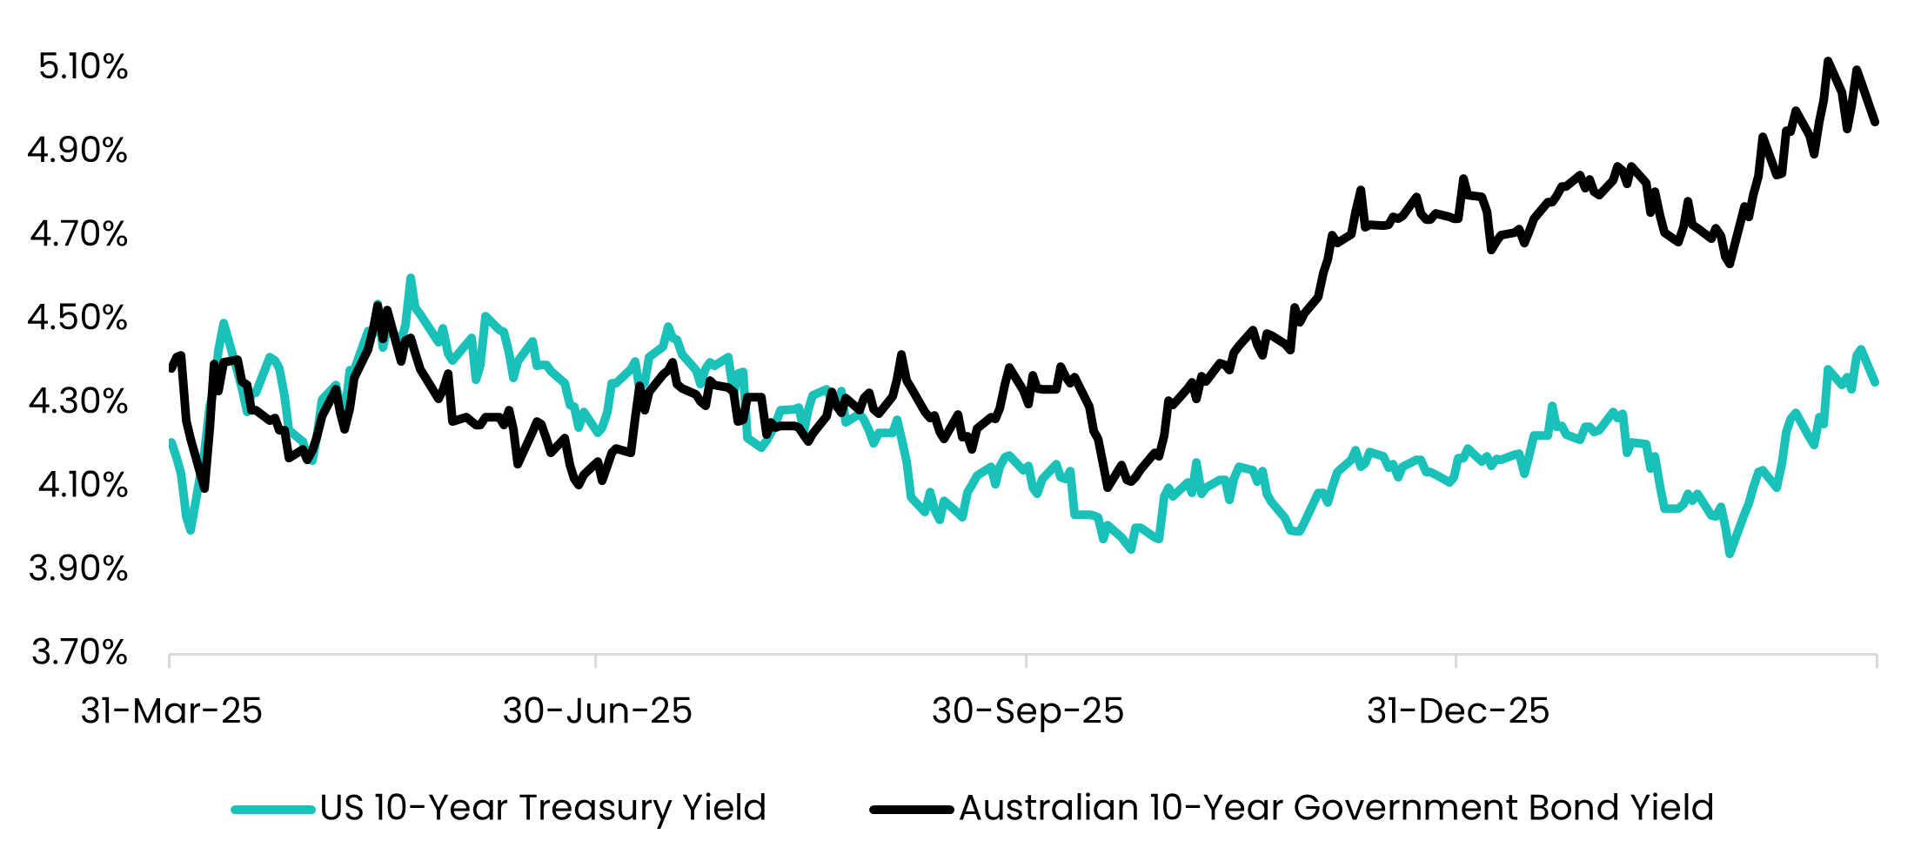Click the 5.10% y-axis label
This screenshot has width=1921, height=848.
[x=83, y=66]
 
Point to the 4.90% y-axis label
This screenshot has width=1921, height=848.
[x=77, y=150]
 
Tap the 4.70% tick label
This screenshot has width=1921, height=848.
[x=79, y=233]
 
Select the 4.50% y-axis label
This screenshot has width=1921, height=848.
[x=77, y=317]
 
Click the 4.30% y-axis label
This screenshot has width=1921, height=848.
[x=78, y=400]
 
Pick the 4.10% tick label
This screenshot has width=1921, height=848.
[x=83, y=484]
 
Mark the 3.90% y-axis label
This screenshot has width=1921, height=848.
[x=78, y=568]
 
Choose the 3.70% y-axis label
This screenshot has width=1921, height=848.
[x=79, y=651]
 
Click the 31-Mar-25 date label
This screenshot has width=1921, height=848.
[x=171, y=710]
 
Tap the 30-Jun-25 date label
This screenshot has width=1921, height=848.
[x=597, y=710]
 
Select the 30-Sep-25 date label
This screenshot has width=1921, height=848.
[x=1027, y=711]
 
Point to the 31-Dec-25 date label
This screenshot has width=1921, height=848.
[x=1458, y=710]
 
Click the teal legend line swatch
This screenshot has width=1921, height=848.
[x=273, y=810]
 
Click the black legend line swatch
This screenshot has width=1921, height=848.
[x=912, y=810]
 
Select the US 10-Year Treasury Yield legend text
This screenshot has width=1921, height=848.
[x=543, y=808]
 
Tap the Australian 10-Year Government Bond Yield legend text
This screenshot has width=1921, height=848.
[x=1336, y=808]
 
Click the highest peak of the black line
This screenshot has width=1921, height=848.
[x=1827, y=61]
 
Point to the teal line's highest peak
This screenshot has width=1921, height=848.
[x=411, y=278]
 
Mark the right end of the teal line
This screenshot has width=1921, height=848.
[x=1876, y=382]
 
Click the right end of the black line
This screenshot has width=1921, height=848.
[x=1876, y=122]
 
